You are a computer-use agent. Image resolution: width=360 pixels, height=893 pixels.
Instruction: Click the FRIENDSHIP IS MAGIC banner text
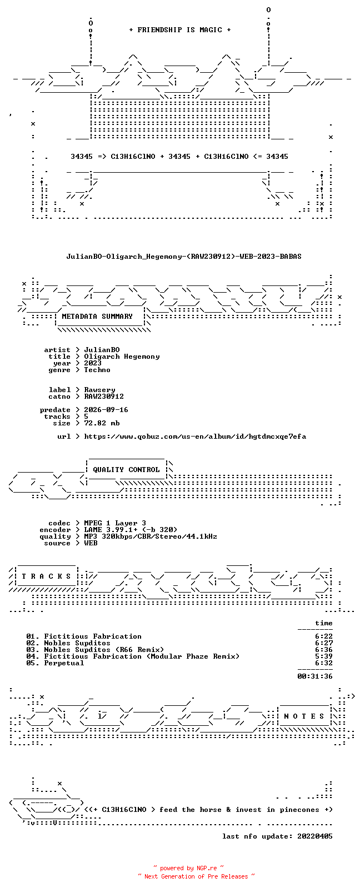pyautogui.click(x=180, y=30)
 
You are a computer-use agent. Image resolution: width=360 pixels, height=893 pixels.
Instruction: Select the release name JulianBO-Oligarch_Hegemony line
pyautogui.click(x=184, y=257)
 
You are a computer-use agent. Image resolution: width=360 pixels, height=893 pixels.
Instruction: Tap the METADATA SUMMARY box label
pyautogui.click(x=97, y=317)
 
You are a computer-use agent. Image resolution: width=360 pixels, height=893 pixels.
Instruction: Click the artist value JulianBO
pyautogui.click(x=102, y=350)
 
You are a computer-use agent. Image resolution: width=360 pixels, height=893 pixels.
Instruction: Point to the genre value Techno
pyautogui.click(x=97, y=370)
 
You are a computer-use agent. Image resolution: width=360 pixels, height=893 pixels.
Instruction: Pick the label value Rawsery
pyautogui.click(x=99, y=390)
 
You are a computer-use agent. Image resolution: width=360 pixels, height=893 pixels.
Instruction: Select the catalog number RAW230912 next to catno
pyautogui.click(x=104, y=397)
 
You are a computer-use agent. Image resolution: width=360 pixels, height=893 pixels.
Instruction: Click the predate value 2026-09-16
pyautogui.click(x=106, y=410)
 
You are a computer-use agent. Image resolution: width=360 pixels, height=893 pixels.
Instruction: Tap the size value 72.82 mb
pyautogui.click(x=102, y=423)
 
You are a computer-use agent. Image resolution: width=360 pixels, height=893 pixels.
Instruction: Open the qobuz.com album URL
pyautogui.click(x=195, y=437)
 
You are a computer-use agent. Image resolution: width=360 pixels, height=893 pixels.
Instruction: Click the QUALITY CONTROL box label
pyautogui.click(x=126, y=470)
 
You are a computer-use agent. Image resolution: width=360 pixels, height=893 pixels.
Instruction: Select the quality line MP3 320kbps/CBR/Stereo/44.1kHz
pyautogui.click(x=151, y=536)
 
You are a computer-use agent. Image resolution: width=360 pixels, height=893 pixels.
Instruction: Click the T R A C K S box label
pyautogui.click(x=46, y=576)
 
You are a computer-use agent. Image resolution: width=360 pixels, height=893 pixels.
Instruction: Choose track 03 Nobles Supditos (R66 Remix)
pyautogui.click(x=95, y=650)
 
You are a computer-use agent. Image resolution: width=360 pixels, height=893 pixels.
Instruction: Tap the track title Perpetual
pyautogui.click(x=64, y=664)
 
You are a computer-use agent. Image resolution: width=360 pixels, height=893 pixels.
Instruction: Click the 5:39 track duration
pyautogui.click(x=324, y=656)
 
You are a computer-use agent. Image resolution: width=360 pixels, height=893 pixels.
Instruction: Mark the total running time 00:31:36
pyautogui.click(x=315, y=676)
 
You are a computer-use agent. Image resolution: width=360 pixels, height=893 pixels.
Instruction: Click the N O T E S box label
pyautogui.click(x=304, y=716)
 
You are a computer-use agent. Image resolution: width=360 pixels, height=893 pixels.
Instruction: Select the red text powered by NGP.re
pyautogui.click(x=188, y=868)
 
